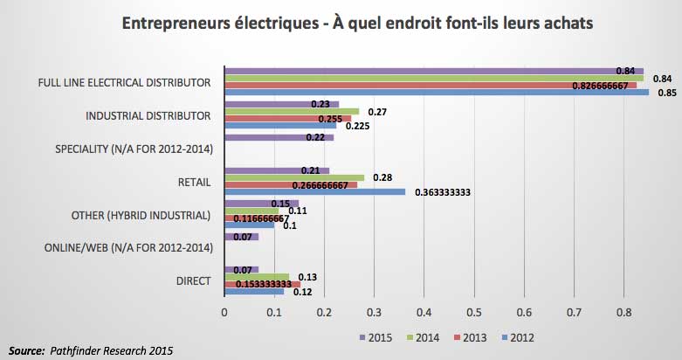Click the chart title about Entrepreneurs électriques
pos(341,24)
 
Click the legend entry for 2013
pos(472,337)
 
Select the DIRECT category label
pos(194,281)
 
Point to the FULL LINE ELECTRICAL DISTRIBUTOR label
pos(125,83)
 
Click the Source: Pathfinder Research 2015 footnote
pos(92,350)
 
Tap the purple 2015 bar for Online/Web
pos(242,236)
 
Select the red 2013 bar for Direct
pos(262,284)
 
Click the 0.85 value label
pos(666,93)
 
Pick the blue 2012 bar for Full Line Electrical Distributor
pos(437,92)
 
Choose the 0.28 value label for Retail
pos(382,177)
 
